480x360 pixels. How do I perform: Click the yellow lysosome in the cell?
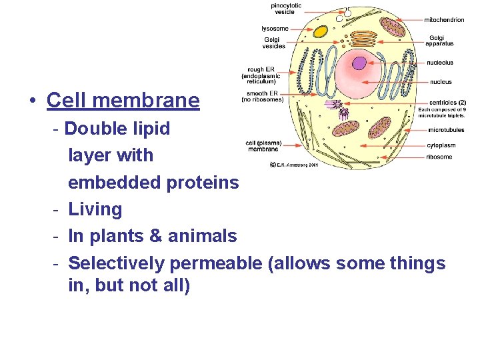[x=321, y=31]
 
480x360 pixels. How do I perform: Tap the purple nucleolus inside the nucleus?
[x=359, y=63]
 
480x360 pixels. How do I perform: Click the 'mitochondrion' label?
[x=444, y=20]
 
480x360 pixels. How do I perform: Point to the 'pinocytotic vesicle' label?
[x=286, y=9]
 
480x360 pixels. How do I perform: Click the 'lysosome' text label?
[x=275, y=29]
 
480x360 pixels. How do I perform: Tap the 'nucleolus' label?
[x=440, y=63]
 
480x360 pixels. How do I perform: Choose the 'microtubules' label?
[x=446, y=130]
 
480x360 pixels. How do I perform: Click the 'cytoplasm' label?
[x=441, y=144]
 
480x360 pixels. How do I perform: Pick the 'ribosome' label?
[x=439, y=157]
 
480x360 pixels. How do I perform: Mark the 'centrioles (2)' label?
[x=447, y=102]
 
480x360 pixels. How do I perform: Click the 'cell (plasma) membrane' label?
[x=263, y=146]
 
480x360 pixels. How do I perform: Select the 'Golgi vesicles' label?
[x=273, y=43]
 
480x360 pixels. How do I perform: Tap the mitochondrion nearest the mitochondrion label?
[x=392, y=27]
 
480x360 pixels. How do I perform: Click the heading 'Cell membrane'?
[x=123, y=101]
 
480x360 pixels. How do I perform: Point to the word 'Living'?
[x=95, y=209]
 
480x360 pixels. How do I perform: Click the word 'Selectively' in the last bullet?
[x=116, y=263]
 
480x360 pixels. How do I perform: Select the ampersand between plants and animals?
[x=159, y=236]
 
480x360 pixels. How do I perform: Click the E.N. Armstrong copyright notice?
[x=294, y=164]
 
